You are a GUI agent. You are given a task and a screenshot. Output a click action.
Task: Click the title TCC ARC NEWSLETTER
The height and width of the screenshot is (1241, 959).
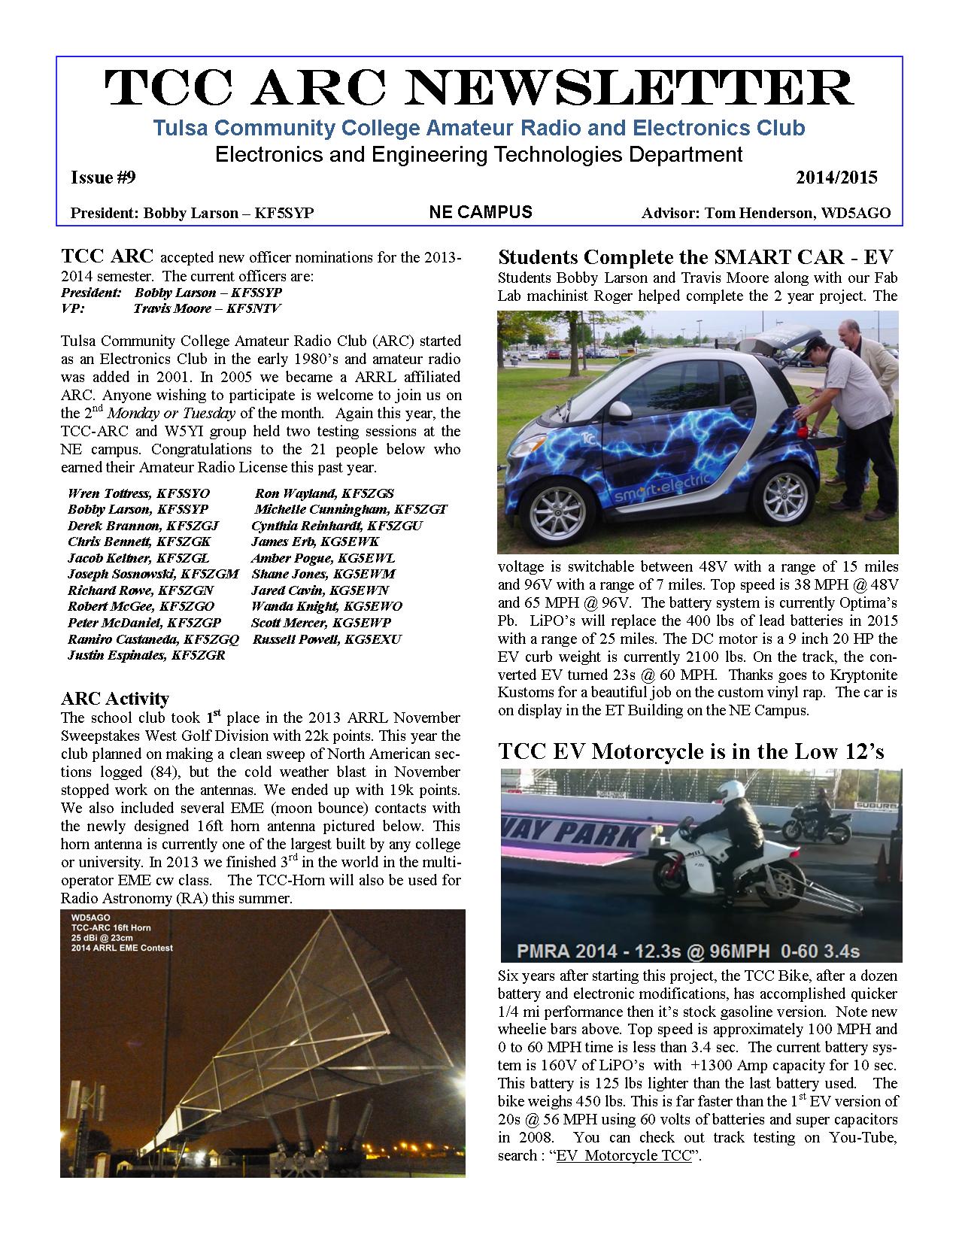(479, 89)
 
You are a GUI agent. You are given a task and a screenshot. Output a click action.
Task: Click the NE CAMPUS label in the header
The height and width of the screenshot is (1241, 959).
(480, 212)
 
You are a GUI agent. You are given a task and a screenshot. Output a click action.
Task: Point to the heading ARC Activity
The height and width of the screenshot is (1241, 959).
(114, 699)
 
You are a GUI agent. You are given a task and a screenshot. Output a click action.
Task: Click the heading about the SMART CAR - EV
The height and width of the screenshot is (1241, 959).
(696, 257)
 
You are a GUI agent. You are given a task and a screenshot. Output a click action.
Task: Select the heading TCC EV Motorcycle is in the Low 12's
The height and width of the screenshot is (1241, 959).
(690, 751)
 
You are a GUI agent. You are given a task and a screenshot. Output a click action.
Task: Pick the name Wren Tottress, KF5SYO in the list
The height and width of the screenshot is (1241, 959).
(138, 493)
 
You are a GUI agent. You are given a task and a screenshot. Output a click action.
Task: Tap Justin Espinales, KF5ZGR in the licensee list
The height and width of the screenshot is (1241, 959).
(146, 655)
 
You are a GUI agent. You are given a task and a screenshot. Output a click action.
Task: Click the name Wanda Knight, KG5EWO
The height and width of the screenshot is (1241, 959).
(326, 606)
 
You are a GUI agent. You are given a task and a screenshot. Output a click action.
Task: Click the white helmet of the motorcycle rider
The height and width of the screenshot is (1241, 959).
(727, 791)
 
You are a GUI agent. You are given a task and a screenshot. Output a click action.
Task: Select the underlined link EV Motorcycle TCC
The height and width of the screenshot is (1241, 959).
(624, 1155)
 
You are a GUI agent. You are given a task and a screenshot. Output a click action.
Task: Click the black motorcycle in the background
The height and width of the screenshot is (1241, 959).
(809, 822)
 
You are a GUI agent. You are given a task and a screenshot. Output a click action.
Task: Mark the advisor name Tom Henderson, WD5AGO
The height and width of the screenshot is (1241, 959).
(766, 213)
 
